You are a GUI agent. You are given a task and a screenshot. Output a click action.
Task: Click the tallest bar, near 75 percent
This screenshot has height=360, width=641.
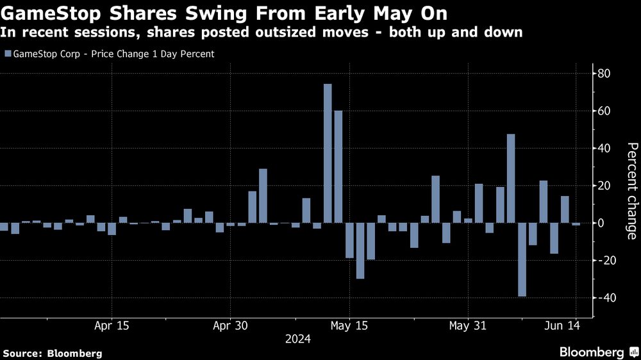(328, 154)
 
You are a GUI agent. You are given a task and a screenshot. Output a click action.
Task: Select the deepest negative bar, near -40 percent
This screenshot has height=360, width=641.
(522, 259)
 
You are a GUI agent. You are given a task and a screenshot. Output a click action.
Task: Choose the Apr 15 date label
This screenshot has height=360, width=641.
(112, 325)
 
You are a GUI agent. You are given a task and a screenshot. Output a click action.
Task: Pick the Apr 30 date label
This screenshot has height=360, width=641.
(229, 325)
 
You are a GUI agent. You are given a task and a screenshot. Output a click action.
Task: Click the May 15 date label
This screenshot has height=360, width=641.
(349, 325)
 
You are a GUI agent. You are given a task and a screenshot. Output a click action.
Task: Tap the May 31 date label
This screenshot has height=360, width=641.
(468, 325)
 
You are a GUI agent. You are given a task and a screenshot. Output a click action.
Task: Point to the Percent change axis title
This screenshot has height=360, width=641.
(632, 191)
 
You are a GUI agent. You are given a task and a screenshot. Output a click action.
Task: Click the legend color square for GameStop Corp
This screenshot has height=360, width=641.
(7, 54)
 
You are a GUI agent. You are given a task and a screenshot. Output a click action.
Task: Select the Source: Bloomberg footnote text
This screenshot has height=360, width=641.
(53, 353)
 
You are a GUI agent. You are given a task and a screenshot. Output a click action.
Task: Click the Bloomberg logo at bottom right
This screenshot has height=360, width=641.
(595, 352)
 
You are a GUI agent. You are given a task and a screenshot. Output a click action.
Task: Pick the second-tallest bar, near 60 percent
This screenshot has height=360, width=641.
(338, 167)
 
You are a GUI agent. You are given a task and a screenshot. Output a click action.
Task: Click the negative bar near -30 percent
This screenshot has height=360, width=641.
(360, 250)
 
